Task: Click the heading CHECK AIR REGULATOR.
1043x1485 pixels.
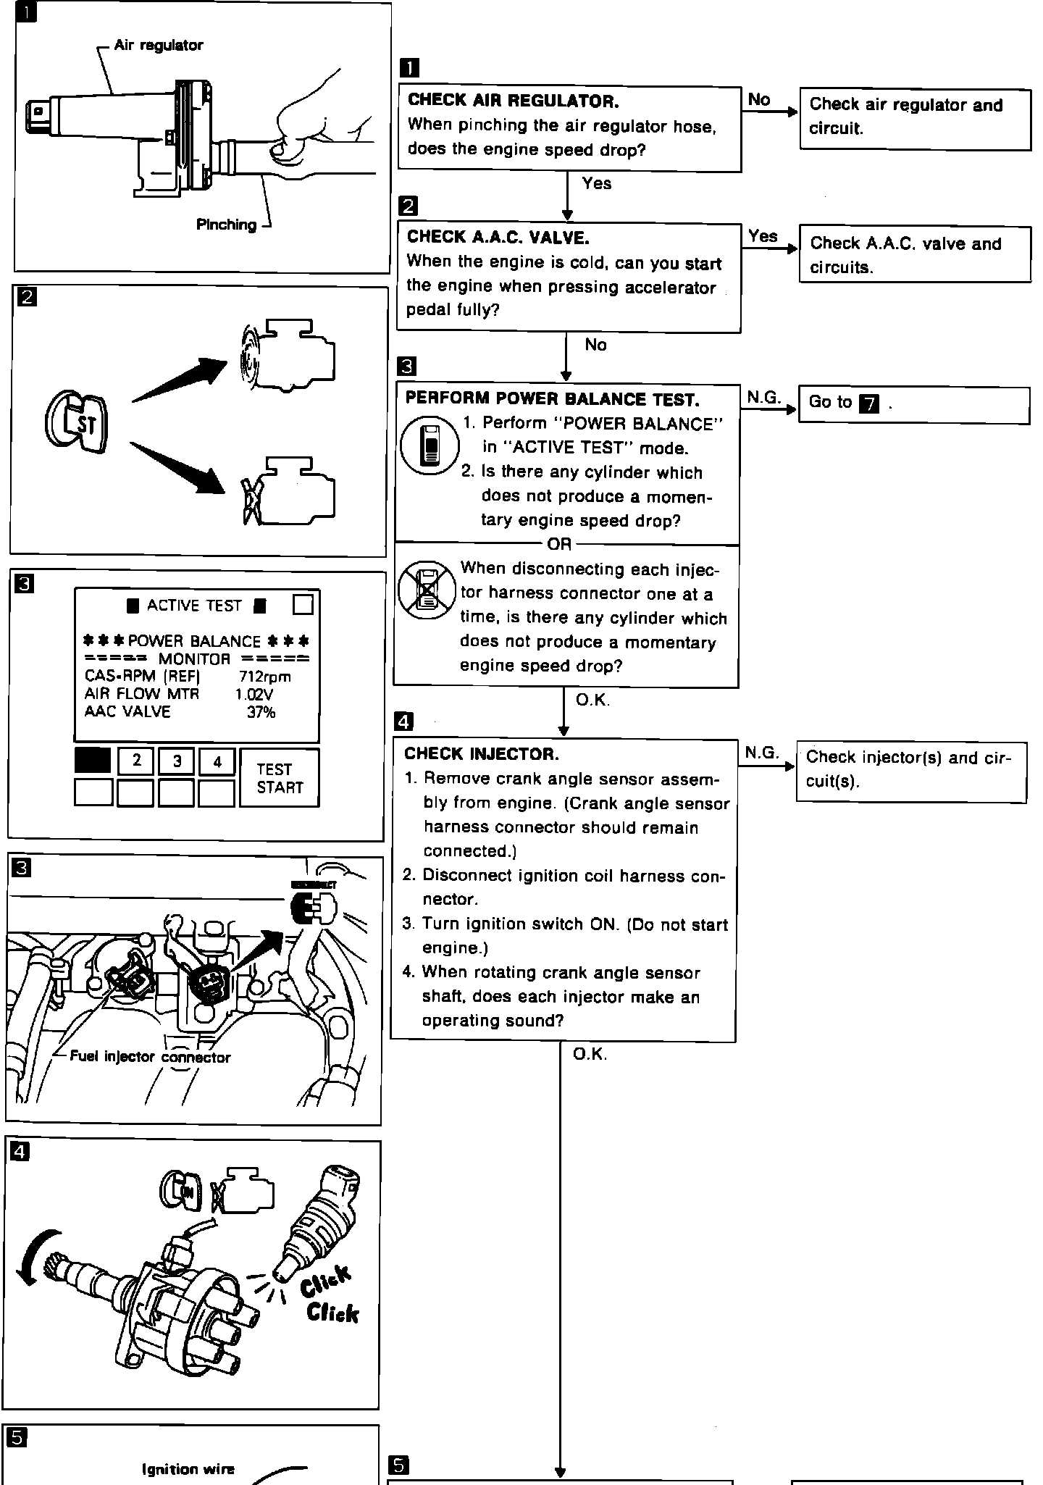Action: [x=513, y=101]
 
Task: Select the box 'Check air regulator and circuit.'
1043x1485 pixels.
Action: [x=915, y=119]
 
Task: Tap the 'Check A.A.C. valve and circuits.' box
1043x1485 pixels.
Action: [x=915, y=254]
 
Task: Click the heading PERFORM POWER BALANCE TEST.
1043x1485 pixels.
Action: [x=552, y=399]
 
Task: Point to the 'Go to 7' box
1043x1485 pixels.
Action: [x=913, y=404]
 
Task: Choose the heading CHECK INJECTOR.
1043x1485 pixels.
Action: [x=482, y=754]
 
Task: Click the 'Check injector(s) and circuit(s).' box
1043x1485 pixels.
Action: [x=911, y=771]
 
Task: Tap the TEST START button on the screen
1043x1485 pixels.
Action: [x=279, y=778]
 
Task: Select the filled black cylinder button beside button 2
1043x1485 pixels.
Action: [x=93, y=761]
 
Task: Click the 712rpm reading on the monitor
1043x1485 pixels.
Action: [x=264, y=677]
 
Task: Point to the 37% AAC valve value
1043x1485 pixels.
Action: [x=261, y=713]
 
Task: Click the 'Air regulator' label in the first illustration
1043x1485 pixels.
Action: [x=158, y=46]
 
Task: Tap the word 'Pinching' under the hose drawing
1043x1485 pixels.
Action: [x=226, y=225]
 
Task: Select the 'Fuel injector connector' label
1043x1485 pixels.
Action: [x=150, y=1057]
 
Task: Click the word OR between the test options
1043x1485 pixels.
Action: [x=559, y=543]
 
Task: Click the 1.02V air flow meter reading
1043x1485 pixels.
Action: [x=254, y=695]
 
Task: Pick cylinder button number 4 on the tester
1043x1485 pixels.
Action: [x=217, y=761]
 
